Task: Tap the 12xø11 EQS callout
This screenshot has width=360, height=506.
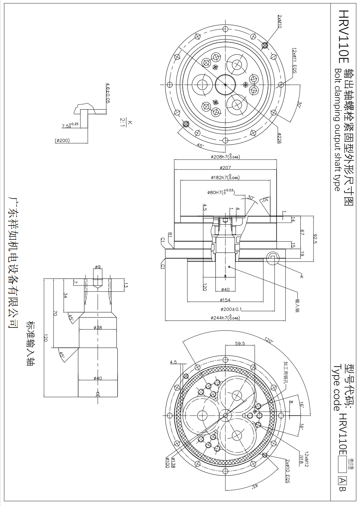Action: pos(294,61)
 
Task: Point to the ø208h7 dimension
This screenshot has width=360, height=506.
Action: pos(225,157)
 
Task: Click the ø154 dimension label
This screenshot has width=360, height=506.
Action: pos(225,300)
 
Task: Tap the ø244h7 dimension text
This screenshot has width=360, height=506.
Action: pos(225,318)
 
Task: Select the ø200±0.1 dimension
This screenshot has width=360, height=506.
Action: pos(231,309)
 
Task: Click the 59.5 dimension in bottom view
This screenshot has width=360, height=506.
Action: pos(240,343)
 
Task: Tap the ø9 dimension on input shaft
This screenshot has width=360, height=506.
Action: pos(98,267)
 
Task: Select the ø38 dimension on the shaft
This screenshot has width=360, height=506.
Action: pos(98,328)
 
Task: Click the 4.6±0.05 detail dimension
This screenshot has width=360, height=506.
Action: pos(108,93)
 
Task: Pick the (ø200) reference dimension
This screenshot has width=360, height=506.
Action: pos(62,140)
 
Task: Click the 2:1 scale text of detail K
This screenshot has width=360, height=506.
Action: pos(122,122)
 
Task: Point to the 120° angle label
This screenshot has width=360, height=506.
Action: pos(269,340)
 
